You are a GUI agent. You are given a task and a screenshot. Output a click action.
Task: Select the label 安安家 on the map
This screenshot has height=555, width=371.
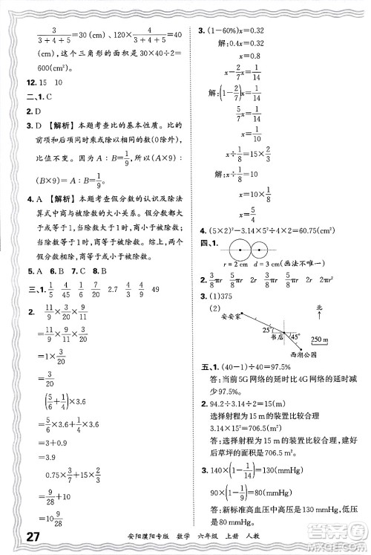[214, 319]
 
